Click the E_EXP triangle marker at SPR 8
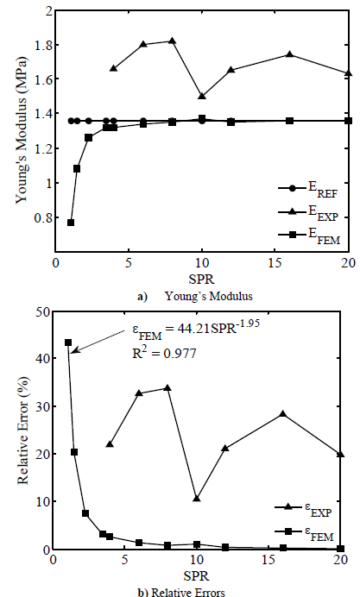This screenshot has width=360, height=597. [172, 41]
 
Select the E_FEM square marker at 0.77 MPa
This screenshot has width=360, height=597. [71, 223]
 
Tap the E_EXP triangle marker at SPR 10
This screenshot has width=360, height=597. [201, 96]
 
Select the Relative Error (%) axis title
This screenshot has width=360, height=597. [19, 429]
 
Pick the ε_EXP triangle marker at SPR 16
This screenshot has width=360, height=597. [282, 414]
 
